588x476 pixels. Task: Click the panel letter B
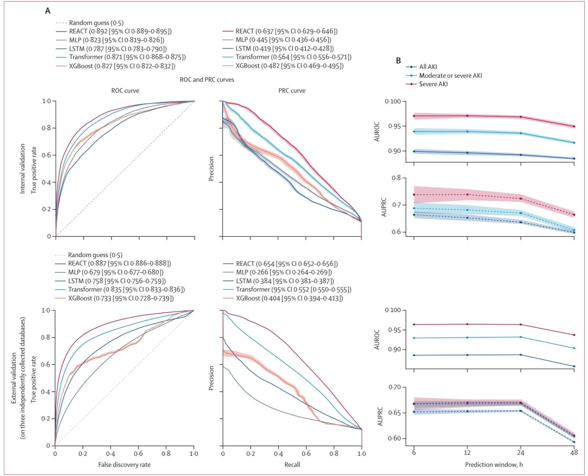(399, 62)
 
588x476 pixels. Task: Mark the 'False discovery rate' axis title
(124, 463)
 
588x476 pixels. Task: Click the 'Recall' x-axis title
(292, 463)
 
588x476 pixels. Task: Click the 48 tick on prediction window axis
(574, 453)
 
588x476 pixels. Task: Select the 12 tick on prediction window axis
(467, 453)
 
